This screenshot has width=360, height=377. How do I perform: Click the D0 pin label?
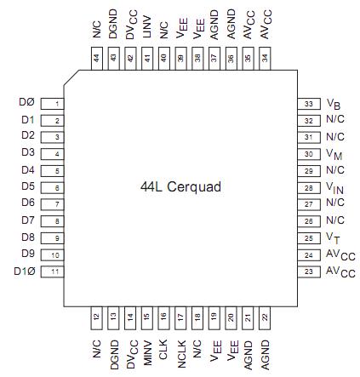[26, 102]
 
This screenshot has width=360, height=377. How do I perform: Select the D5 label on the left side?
[26, 186]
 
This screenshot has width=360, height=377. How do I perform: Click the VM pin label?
[334, 154]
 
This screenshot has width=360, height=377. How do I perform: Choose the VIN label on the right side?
[334, 187]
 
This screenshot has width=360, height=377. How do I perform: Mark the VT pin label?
[333, 237]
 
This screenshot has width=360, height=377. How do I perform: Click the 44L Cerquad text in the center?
[179, 183]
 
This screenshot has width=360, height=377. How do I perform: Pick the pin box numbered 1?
[53, 103]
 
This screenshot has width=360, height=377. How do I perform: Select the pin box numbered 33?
[307, 102]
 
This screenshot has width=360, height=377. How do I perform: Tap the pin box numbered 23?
[307, 271]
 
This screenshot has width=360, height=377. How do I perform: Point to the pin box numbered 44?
[95, 59]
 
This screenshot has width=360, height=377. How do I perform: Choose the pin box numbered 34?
[264, 59]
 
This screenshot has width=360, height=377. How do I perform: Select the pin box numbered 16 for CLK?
[163, 317]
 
